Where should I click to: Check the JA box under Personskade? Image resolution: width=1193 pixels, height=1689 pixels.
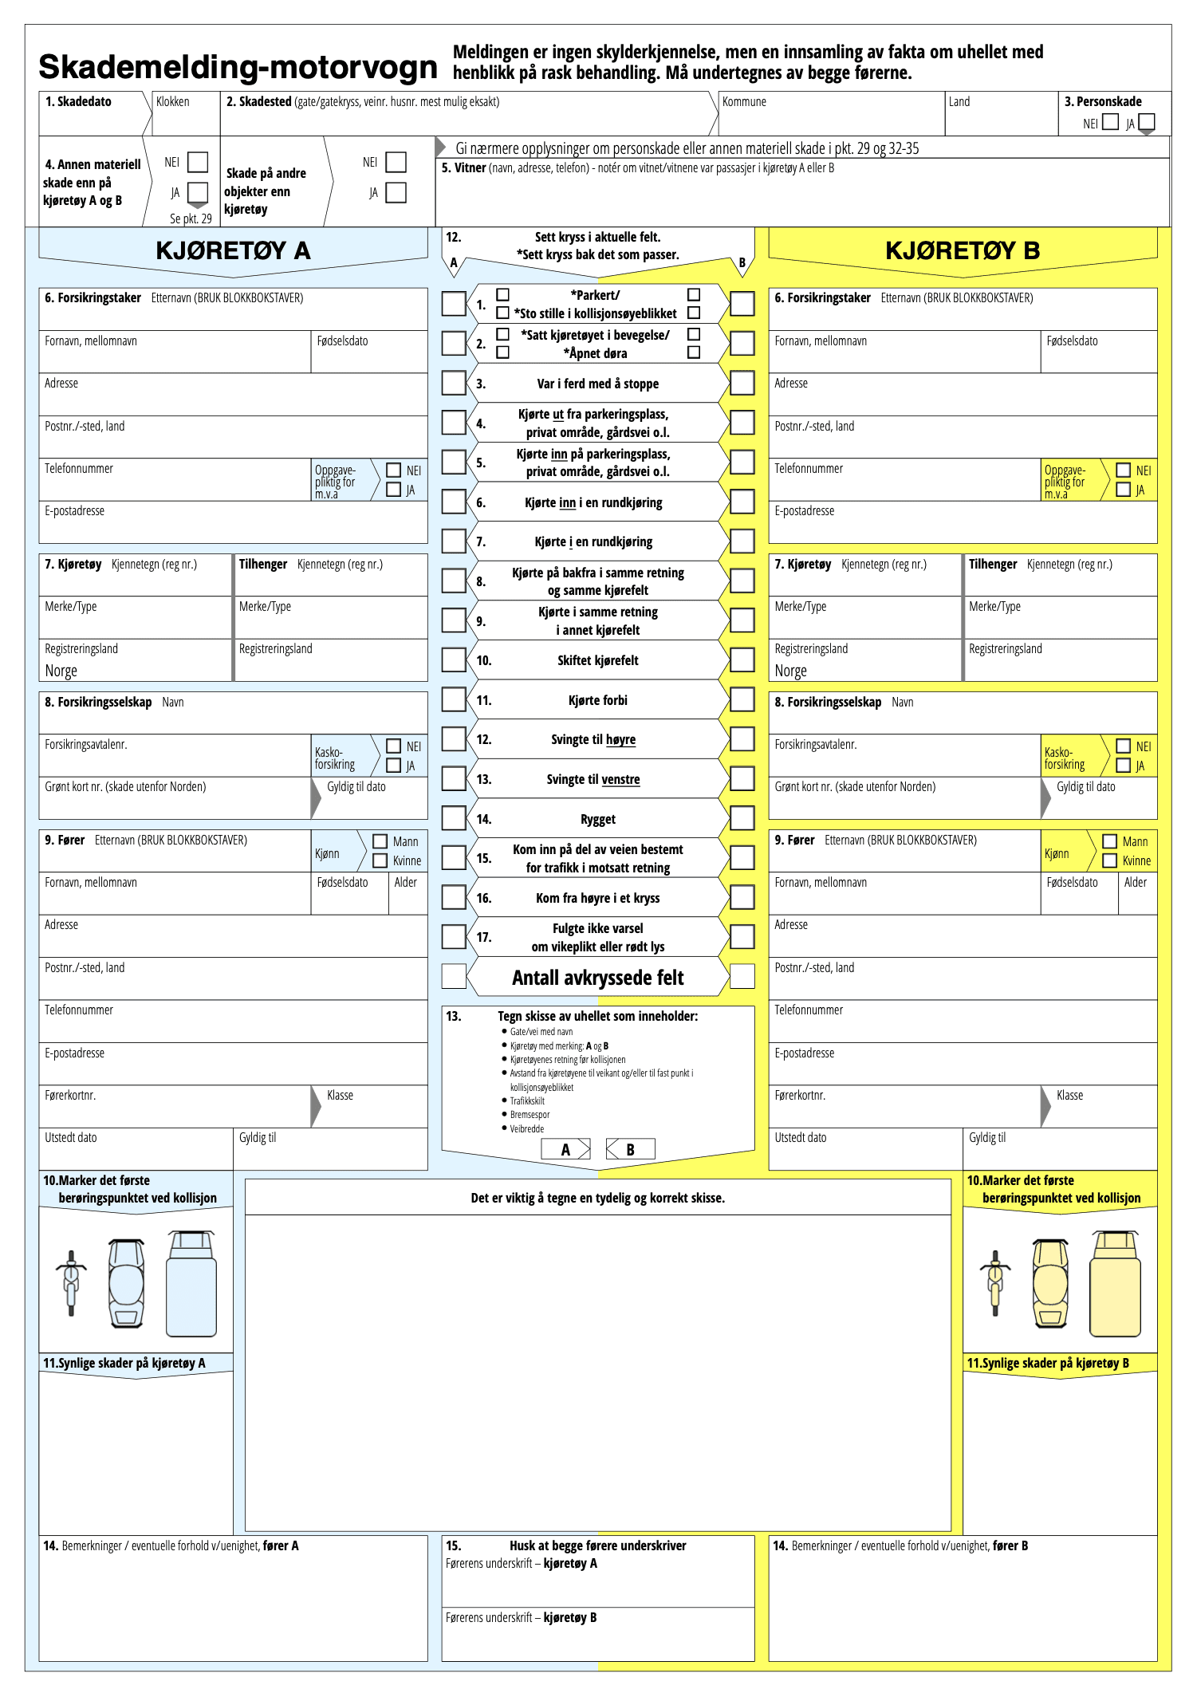(1146, 122)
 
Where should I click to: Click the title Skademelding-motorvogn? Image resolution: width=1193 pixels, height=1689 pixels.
(238, 67)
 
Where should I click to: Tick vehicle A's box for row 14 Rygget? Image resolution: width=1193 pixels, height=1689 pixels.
(454, 817)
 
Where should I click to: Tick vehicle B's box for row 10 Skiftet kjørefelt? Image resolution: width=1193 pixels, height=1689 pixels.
(742, 659)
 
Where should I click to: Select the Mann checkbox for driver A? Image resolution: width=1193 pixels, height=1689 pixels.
(380, 841)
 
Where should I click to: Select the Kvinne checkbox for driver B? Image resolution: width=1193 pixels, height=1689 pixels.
(1109, 860)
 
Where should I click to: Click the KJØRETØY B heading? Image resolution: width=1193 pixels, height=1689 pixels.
(963, 250)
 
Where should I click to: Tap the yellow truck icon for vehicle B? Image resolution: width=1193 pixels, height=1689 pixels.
(1115, 1284)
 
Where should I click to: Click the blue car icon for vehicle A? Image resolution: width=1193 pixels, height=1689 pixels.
(127, 1283)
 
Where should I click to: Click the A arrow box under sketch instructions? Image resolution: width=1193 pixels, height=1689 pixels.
(565, 1149)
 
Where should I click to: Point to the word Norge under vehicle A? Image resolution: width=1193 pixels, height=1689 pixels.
(61, 671)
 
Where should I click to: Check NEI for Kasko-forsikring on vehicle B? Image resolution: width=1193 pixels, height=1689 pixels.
(1123, 746)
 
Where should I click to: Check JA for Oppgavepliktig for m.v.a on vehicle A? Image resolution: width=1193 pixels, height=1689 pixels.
(393, 490)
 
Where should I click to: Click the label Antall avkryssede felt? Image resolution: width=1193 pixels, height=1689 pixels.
(597, 978)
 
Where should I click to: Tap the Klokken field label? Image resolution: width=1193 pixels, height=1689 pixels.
(173, 102)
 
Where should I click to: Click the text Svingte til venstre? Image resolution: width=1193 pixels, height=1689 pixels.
(593, 779)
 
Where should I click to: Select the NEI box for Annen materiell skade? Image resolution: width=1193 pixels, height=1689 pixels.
(197, 162)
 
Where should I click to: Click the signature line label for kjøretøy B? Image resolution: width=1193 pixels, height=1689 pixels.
(521, 1617)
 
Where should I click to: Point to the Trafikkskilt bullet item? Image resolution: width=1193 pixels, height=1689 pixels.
(527, 1100)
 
